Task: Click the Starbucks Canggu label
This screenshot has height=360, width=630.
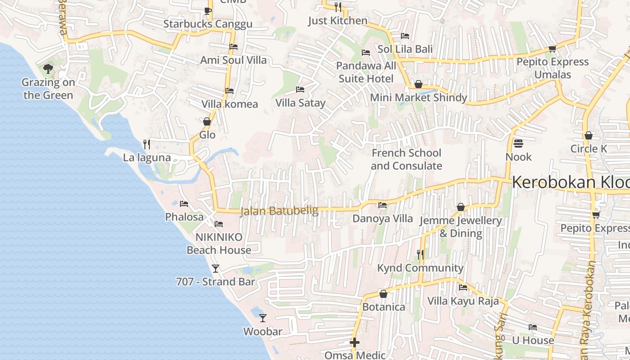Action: (x=207, y=24)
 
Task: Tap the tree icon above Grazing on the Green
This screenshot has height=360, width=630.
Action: (x=48, y=69)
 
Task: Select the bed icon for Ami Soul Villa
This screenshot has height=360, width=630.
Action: (x=233, y=46)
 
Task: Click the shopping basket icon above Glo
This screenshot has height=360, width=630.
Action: (x=207, y=121)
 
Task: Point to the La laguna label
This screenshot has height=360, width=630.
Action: (x=147, y=157)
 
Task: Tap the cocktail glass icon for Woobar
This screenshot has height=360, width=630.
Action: (x=263, y=318)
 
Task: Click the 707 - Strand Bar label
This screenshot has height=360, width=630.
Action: (x=215, y=282)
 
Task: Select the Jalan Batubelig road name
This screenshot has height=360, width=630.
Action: (x=279, y=211)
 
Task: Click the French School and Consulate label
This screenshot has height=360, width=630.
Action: (x=406, y=159)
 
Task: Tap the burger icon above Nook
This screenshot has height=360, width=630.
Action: (x=518, y=144)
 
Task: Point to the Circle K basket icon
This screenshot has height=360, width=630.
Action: (x=588, y=135)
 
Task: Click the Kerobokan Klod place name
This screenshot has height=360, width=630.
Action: (x=571, y=182)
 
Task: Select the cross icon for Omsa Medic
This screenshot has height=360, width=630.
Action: (x=355, y=343)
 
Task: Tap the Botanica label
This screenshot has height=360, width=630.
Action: (x=384, y=307)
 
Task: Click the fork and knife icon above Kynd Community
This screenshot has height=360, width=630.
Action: (x=420, y=255)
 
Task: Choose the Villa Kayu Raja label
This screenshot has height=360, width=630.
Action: (x=463, y=301)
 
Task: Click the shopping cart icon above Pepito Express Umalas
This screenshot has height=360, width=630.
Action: (x=552, y=49)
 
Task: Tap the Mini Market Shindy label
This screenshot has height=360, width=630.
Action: (x=418, y=97)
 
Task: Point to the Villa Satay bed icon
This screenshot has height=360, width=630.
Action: (x=300, y=90)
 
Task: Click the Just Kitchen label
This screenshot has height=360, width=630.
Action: (x=337, y=21)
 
